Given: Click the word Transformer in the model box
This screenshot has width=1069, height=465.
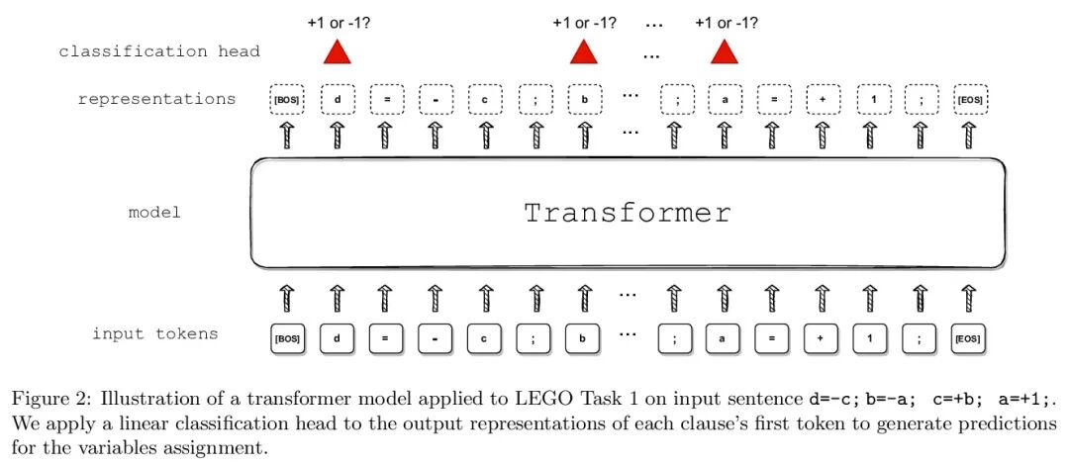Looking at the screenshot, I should (x=628, y=213).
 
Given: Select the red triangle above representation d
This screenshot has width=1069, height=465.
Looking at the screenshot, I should (x=338, y=51).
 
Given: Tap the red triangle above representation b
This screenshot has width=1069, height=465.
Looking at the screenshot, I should (x=584, y=51).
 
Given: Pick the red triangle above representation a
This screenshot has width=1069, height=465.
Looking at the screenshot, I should (x=725, y=51).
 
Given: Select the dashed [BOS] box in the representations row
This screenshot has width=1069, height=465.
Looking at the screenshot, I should (x=286, y=100).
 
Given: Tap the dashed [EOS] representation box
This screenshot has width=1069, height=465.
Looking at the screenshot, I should (x=969, y=100).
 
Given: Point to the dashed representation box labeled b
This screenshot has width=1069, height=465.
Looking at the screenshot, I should (x=584, y=100).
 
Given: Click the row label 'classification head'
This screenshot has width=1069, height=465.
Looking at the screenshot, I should (x=158, y=51).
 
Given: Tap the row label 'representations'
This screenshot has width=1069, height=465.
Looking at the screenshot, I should (x=157, y=99).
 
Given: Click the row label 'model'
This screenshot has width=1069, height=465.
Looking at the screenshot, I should (x=154, y=213).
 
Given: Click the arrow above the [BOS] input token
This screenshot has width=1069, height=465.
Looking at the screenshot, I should (x=286, y=296).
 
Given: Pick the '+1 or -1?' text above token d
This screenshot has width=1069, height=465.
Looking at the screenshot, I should (x=338, y=21).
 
